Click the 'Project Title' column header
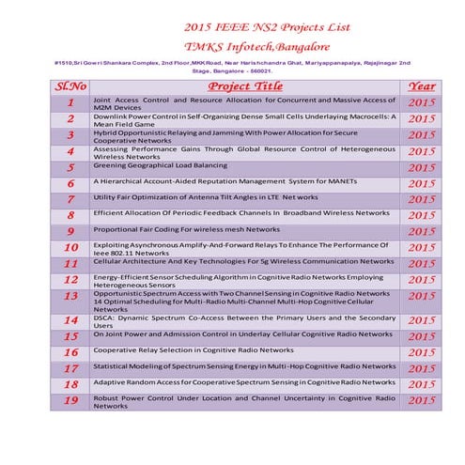click(243, 86)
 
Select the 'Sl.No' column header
click(70, 86)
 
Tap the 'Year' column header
click(422, 86)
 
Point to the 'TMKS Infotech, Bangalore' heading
click(252, 44)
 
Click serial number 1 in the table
click(70, 101)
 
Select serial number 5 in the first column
click(70, 167)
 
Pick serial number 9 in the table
click(70, 231)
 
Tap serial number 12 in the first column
click(70, 279)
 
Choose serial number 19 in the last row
click(70, 400)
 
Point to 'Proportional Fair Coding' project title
click(186, 229)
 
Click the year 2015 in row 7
click(422, 199)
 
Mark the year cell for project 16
click(422, 352)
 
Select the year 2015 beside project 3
click(422, 135)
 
